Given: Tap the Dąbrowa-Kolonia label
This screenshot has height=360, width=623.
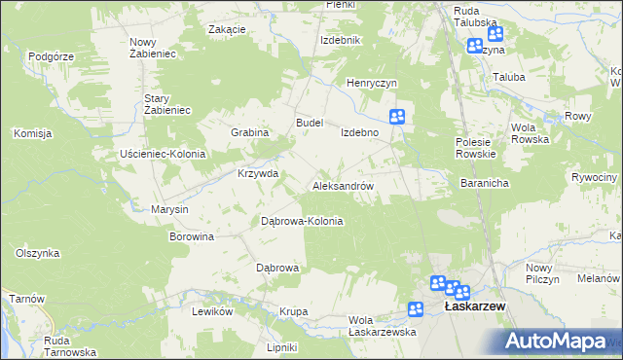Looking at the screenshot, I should pyautogui.click(x=302, y=221).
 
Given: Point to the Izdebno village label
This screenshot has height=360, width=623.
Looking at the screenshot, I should pyautogui.click(x=359, y=132).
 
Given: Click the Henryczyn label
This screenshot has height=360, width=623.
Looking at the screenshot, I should pyautogui.click(x=374, y=84).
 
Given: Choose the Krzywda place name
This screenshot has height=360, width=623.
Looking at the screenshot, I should pyautogui.click(x=258, y=174).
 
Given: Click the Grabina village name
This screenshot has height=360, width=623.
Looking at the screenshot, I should pyautogui.click(x=249, y=132).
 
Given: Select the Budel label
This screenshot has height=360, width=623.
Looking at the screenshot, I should pyautogui.click(x=310, y=123).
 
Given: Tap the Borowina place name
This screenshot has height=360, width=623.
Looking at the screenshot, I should pyautogui.click(x=192, y=236).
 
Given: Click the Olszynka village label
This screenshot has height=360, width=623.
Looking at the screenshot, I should pyautogui.click(x=38, y=253).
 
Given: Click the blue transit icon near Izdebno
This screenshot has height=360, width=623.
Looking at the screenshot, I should pyautogui.click(x=397, y=117).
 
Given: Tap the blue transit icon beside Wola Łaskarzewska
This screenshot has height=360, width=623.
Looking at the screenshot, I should pyautogui.click(x=416, y=309).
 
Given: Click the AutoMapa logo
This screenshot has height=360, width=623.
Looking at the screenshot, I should pyautogui.click(x=556, y=342).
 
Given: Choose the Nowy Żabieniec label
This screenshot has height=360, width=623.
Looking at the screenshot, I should pyautogui.click(x=151, y=48).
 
